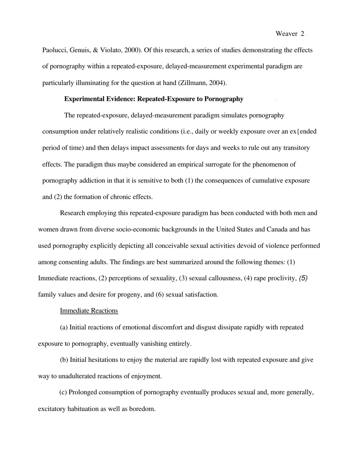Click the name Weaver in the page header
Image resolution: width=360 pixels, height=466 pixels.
pos(286,34)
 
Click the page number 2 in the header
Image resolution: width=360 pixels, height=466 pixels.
pos(302,34)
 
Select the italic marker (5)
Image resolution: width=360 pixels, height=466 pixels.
pos(303,278)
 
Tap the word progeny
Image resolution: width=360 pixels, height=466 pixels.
pos(139,295)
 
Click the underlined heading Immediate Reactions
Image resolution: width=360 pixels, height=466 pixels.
pos(89,311)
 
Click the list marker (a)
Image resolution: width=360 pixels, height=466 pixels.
pos(64,327)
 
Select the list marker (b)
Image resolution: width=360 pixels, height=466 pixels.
pos(64,360)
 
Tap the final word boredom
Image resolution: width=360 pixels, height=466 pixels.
pos(142,409)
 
